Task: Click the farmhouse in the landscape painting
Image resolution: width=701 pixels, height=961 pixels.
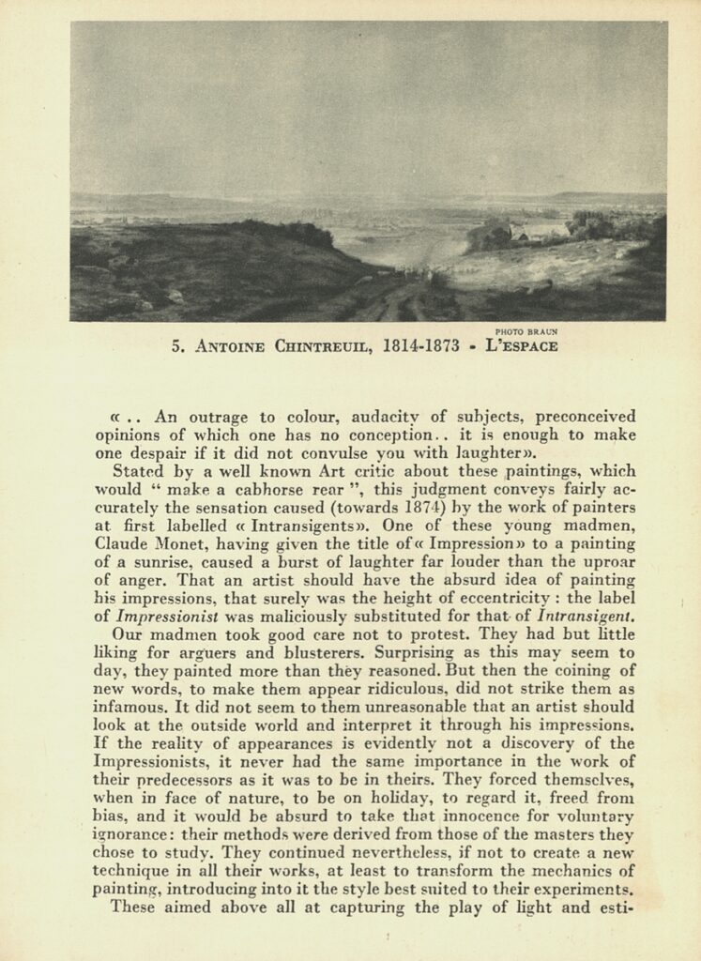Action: click(538, 231)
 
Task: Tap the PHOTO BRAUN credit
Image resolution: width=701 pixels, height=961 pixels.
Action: click(526, 331)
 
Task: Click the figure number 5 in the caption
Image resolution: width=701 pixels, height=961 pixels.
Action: click(175, 345)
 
